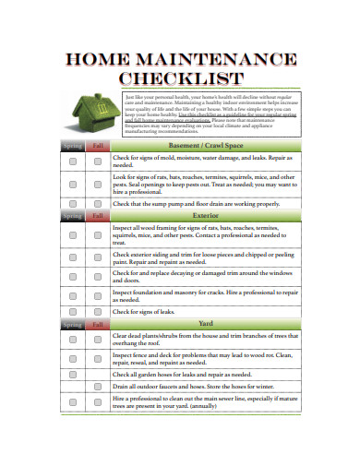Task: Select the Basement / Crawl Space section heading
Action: [x=206, y=146]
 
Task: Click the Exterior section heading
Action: [x=206, y=216]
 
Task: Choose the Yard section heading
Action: [x=206, y=324]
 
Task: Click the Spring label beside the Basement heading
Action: [x=72, y=146]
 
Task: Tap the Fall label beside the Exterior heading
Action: [x=97, y=216]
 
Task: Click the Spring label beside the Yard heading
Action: [x=72, y=324]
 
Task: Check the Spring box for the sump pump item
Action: [x=72, y=203]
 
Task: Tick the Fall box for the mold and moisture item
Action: [x=97, y=161]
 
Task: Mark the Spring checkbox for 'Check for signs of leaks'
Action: [x=72, y=312]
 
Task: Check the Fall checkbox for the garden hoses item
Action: [x=97, y=376]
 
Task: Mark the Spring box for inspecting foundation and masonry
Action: [x=72, y=295]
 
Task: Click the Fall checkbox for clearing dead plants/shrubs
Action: [x=97, y=340]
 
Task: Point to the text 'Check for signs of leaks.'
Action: [x=145, y=312]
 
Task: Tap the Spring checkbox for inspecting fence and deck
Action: [x=72, y=358]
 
